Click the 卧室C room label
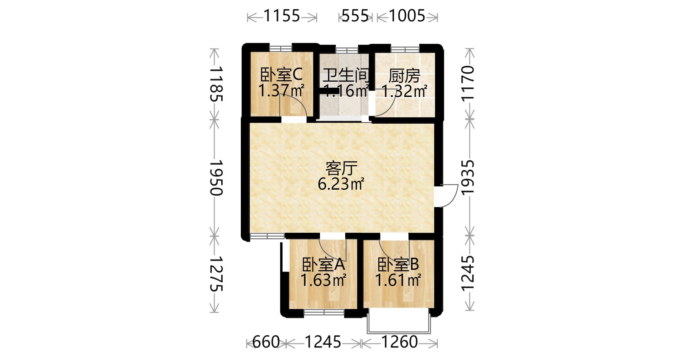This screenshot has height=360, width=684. click(x=281, y=74)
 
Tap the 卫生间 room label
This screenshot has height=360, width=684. click(x=346, y=75)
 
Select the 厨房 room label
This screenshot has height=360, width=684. click(x=404, y=76)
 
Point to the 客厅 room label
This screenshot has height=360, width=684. click(x=341, y=168)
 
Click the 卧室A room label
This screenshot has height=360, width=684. click(x=323, y=264)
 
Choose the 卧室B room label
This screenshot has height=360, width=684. click(x=398, y=264)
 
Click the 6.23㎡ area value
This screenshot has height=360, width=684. click(x=341, y=184)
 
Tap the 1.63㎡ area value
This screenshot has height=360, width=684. click(x=323, y=280)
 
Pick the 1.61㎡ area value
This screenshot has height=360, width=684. click(x=398, y=280)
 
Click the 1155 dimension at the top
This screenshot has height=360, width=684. click(x=282, y=16)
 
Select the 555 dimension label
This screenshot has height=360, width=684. click(x=355, y=16)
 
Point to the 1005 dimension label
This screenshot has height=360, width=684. click(x=407, y=16)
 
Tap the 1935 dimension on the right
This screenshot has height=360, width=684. click(x=468, y=177)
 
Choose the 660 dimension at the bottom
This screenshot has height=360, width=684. click(x=266, y=342)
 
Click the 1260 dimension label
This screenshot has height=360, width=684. click(x=400, y=342)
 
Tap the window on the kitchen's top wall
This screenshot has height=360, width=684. click(x=405, y=49)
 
